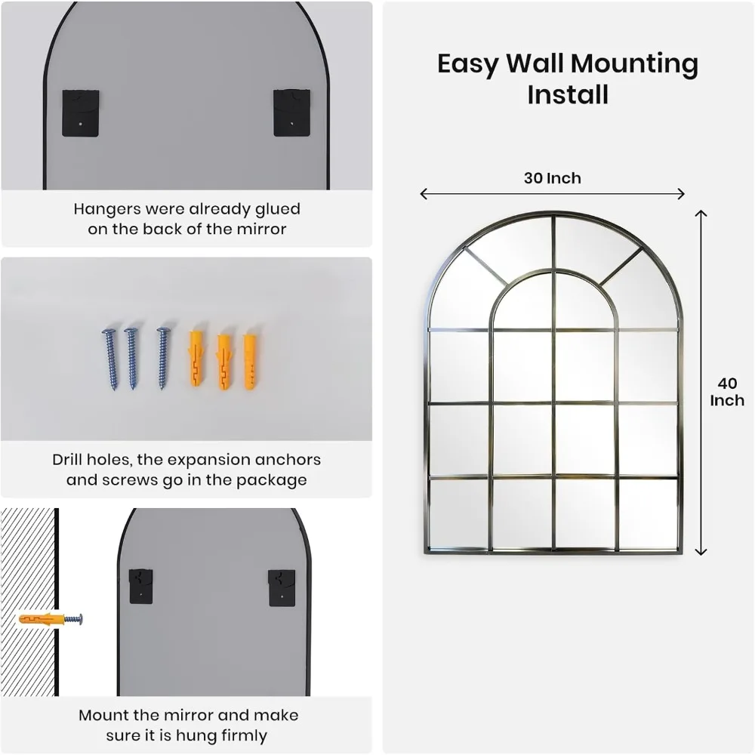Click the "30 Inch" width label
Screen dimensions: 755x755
click(x=553, y=178)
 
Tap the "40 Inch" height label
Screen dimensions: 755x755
click(x=726, y=392)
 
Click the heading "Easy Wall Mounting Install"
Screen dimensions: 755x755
click(x=568, y=79)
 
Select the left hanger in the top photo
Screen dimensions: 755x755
click(x=80, y=112)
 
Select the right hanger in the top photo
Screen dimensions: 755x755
click(x=291, y=112)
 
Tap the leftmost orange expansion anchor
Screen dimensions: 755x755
click(x=196, y=357)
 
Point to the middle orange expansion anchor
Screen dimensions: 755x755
click(x=223, y=360)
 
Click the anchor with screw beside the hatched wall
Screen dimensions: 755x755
click(x=51, y=620)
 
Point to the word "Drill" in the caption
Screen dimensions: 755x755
click(x=69, y=460)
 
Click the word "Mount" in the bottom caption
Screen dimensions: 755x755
click(x=103, y=715)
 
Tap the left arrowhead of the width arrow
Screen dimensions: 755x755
click(x=424, y=194)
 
